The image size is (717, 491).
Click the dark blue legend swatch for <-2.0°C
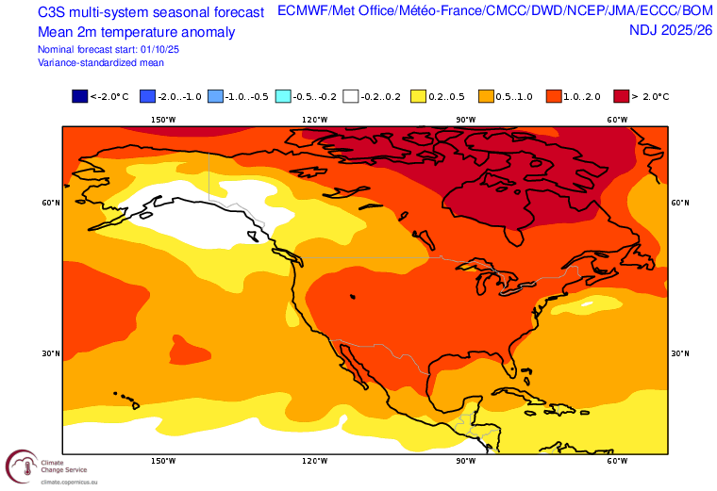pos(80,96)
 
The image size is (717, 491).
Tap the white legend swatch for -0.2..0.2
pos(351,96)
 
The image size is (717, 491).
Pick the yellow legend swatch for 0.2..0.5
pos(419,96)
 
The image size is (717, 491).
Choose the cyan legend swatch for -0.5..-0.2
pos(283,96)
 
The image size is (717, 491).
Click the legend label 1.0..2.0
pos(582,96)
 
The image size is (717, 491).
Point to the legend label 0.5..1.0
pos(515,96)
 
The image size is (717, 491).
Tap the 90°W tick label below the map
pos(465,462)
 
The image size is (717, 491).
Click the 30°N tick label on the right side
pos(680,353)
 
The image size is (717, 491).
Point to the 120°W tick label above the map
pos(314,120)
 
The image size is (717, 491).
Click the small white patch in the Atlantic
pos(588,303)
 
